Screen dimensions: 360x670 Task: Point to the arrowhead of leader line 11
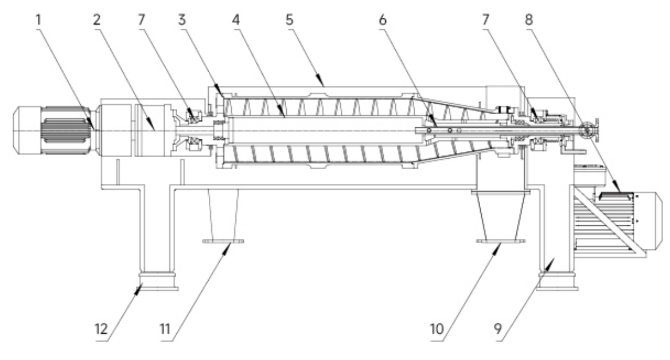tap(231, 245)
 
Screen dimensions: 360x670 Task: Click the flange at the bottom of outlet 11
tap(223, 241)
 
